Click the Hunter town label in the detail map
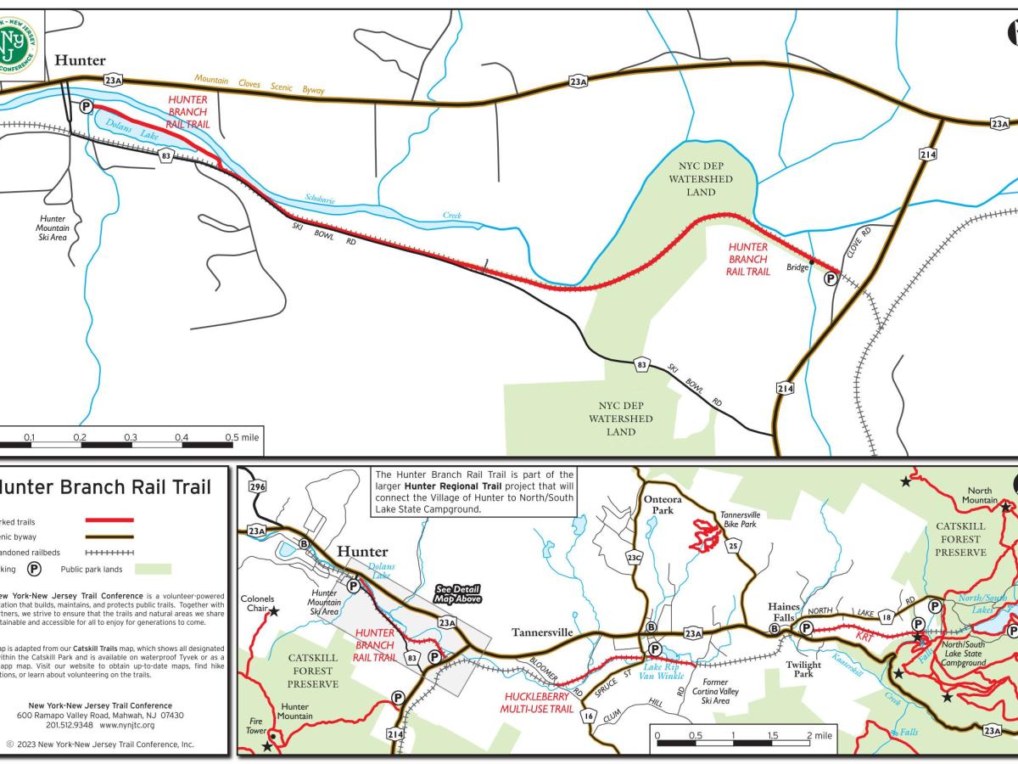(x=81, y=60)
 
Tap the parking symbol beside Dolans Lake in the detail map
(x=86, y=106)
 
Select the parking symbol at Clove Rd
(x=831, y=278)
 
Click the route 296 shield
(x=258, y=487)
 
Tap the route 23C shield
(x=634, y=558)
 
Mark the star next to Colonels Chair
(x=274, y=610)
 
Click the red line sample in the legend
(x=109, y=520)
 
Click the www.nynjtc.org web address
(x=127, y=725)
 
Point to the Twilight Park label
(x=803, y=669)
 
